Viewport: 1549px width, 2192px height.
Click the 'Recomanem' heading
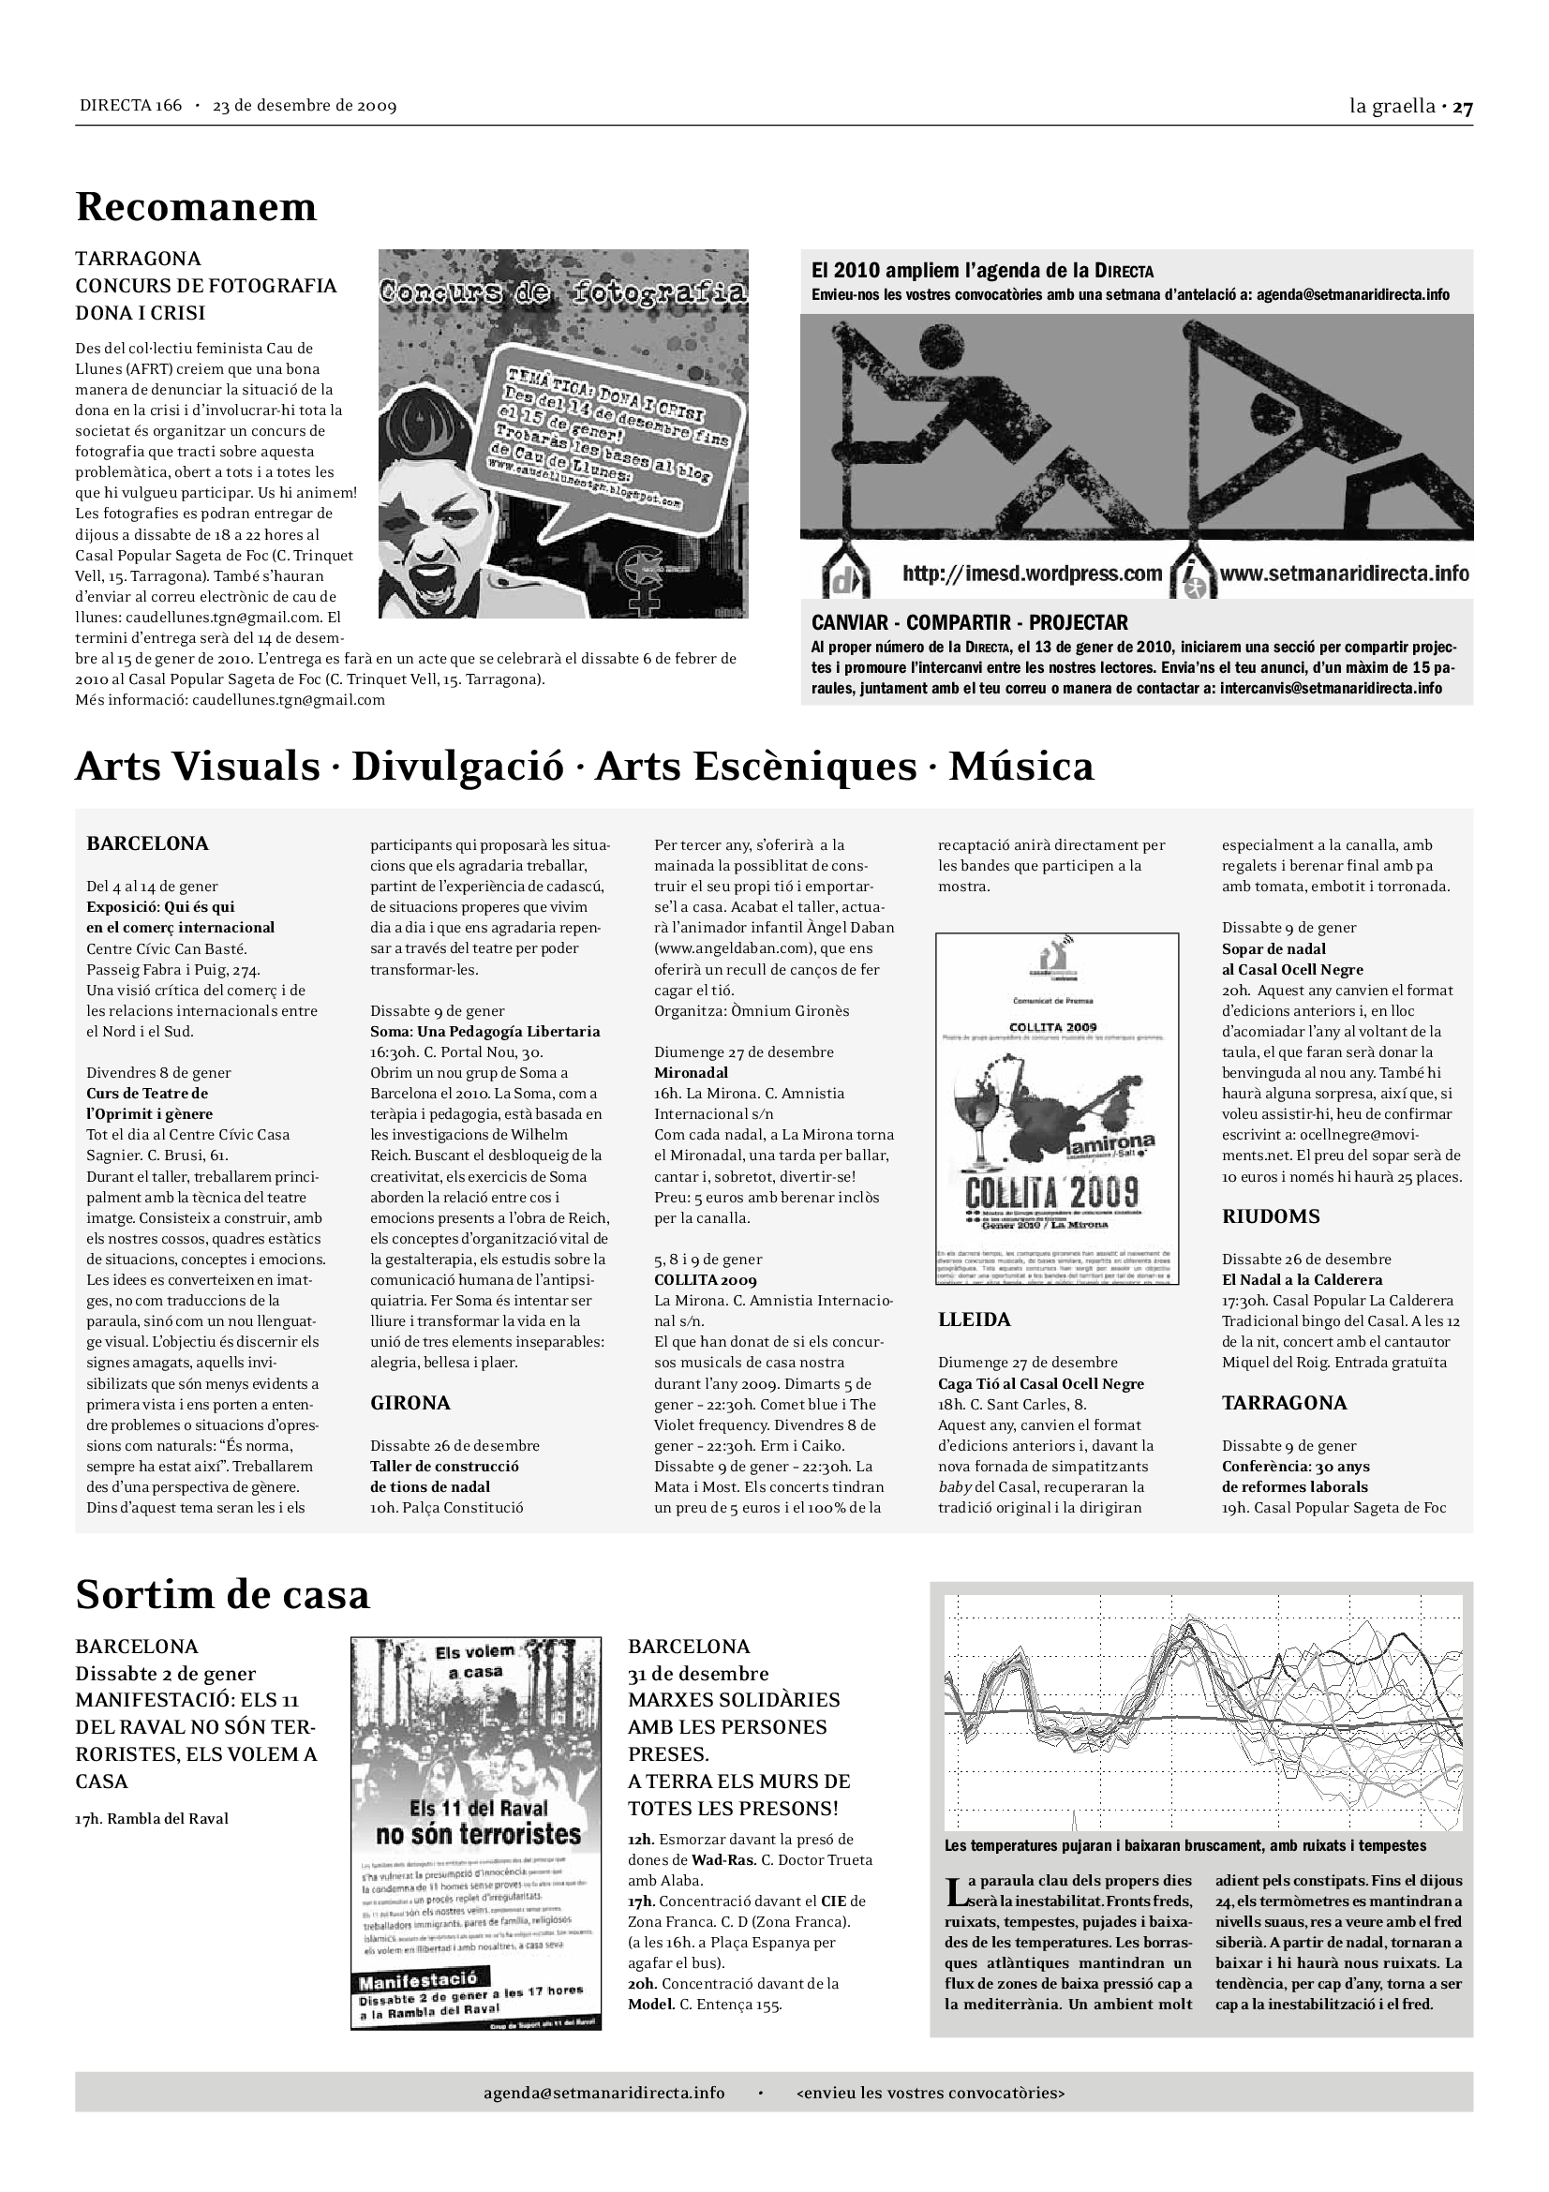196,207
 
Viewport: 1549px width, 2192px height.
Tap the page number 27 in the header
1462,107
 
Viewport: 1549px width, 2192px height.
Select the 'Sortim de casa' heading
222,1594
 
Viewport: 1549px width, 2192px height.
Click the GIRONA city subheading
410,1403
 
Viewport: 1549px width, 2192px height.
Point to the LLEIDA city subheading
974,1320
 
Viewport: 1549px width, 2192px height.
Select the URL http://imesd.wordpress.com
1032,574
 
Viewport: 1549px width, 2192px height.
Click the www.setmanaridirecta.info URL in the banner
1344,574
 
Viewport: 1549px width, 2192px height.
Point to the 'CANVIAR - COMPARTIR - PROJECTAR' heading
970,622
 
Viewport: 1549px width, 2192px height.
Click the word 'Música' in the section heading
1020,767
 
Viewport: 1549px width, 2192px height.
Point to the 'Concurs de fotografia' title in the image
563,291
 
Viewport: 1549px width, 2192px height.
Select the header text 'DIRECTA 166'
131,106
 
